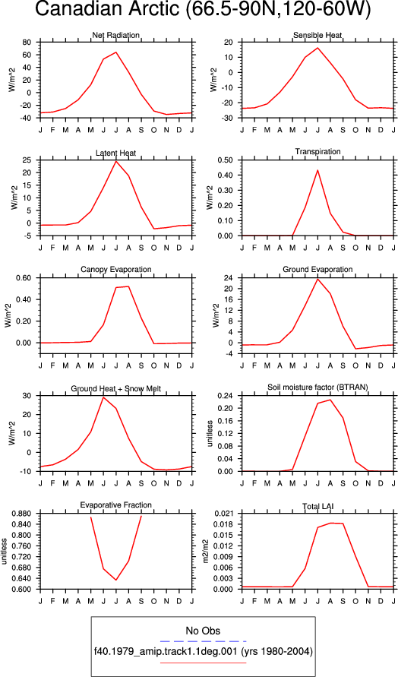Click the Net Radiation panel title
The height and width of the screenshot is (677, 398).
(x=115, y=35)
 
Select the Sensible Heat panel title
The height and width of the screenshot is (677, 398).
(x=317, y=35)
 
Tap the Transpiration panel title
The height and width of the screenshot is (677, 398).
(x=317, y=151)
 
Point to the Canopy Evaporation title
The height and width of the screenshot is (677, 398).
(x=115, y=270)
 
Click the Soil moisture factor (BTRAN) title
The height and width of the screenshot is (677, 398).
(x=317, y=388)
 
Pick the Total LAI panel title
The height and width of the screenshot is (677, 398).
(x=317, y=505)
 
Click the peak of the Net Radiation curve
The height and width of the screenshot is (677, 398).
(x=115, y=52)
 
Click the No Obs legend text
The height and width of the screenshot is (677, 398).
(x=203, y=631)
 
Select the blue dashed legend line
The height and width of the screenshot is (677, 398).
(x=203, y=641)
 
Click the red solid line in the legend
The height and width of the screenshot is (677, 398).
(x=203, y=663)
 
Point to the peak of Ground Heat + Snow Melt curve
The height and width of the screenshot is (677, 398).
(x=103, y=397)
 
